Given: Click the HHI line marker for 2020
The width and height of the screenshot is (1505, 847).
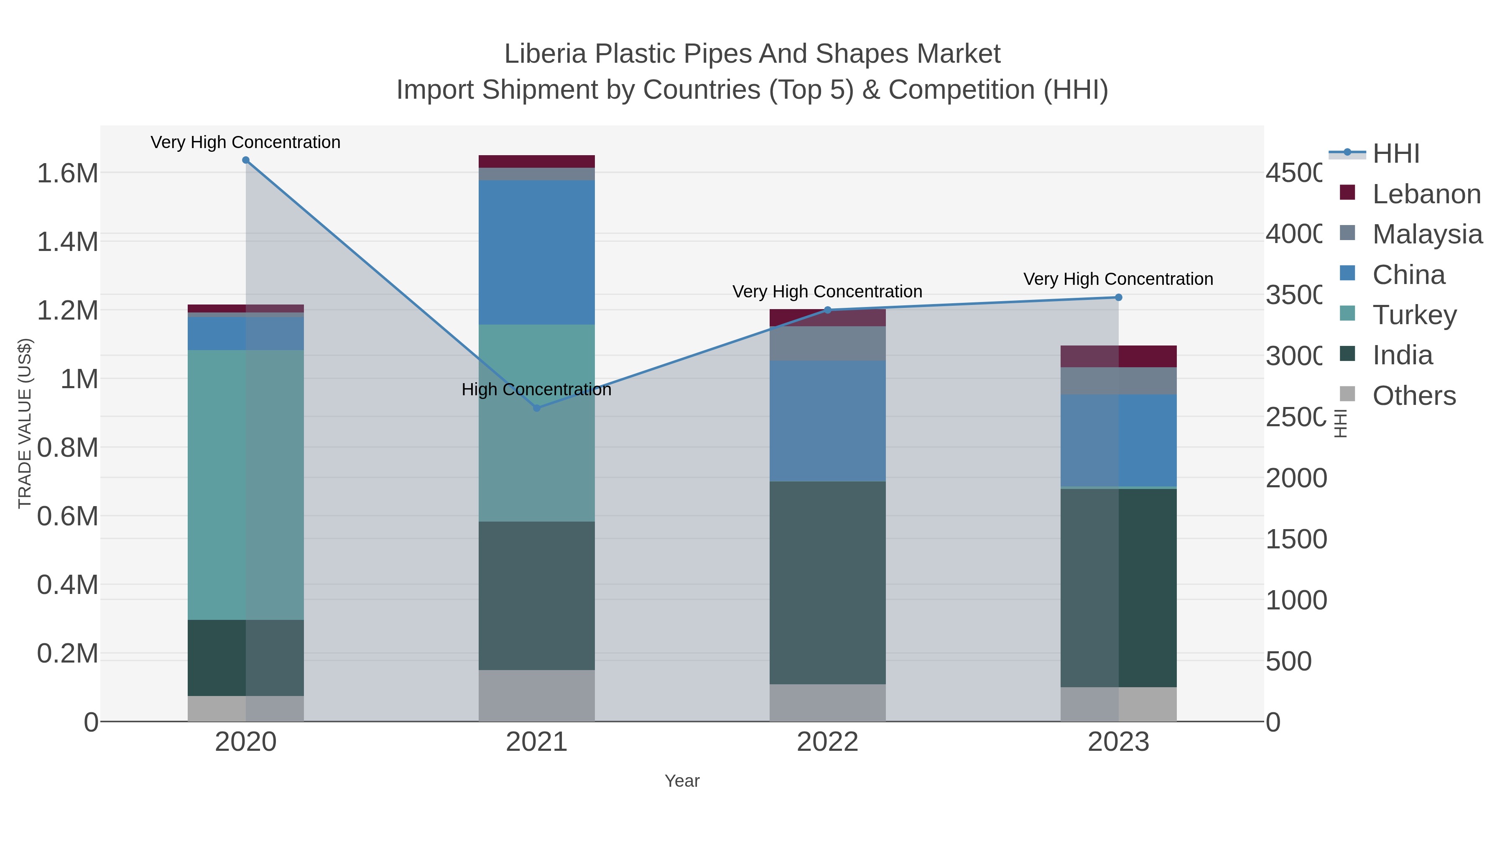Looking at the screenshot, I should (x=245, y=160).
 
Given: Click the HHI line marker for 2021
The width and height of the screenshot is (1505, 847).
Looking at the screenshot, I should (x=537, y=408).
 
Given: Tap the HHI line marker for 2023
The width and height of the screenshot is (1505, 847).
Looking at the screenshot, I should (x=1118, y=297).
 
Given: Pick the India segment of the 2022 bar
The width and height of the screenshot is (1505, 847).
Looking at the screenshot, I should (x=827, y=583).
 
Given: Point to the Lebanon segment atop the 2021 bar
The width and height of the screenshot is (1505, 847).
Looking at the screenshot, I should (x=536, y=161).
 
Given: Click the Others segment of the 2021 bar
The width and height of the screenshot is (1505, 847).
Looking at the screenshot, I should (x=536, y=696).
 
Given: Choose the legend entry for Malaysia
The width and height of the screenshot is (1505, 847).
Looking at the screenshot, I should (x=1427, y=234).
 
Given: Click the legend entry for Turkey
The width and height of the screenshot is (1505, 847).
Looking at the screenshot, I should (x=1414, y=315).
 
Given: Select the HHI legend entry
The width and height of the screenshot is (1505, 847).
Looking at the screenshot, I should (x=1395, y=154).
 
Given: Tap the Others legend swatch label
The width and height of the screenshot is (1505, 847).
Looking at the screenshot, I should (x=1414, y=396).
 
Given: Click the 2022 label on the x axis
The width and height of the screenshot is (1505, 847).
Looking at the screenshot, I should (x=827, y=742).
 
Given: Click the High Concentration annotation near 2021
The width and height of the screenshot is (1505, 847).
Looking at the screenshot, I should (x=536, y=389).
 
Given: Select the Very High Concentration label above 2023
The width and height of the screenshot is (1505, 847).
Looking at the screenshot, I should (x=1118, y=279).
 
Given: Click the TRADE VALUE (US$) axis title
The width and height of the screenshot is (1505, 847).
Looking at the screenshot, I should (x=25, y=423).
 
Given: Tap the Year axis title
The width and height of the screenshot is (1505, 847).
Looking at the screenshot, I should (x=682, y=781).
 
